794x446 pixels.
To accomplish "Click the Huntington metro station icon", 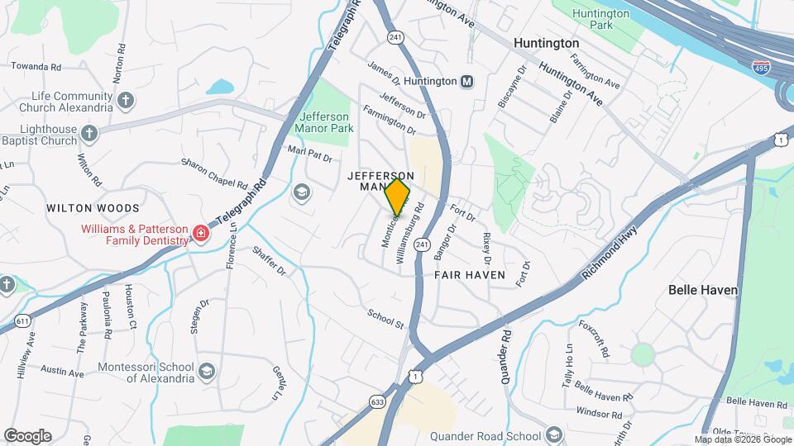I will point(467,81).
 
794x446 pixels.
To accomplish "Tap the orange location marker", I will point(397,198).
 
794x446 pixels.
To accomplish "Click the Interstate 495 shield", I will point(760,65).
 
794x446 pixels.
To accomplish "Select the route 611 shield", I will point(22,320).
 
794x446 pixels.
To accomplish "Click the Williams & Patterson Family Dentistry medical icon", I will point(199,235).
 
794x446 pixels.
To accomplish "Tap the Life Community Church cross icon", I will point(125,101).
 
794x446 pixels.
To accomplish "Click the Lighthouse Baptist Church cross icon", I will point(90,131).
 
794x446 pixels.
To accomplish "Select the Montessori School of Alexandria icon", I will point(206,372).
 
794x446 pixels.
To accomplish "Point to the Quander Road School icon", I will point(552,434).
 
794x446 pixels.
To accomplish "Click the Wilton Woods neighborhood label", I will point(93,207).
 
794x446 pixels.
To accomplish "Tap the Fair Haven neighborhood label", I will point(469,274).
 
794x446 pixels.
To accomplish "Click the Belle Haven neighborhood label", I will point(703,290).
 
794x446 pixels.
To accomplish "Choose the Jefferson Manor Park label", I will point(325,122).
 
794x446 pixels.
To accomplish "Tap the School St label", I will point(385,318).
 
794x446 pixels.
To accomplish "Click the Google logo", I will point(27,435).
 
